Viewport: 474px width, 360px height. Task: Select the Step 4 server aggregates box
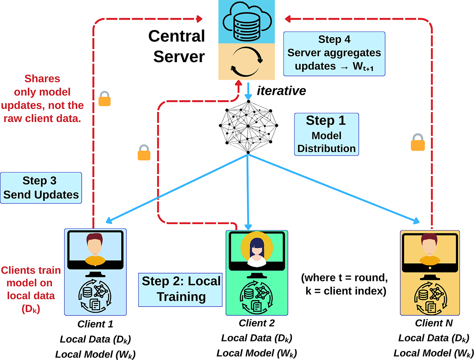click(x=334, y=53)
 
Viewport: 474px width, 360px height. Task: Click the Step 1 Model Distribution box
click(x=326, y=134)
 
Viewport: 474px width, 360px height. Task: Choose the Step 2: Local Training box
click(x=180, y=289)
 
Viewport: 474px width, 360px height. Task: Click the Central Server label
click(x=176, y=46)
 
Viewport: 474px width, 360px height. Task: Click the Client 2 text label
click(x=256, y=324)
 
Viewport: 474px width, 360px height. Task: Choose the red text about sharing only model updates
click(x=53, y=99)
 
